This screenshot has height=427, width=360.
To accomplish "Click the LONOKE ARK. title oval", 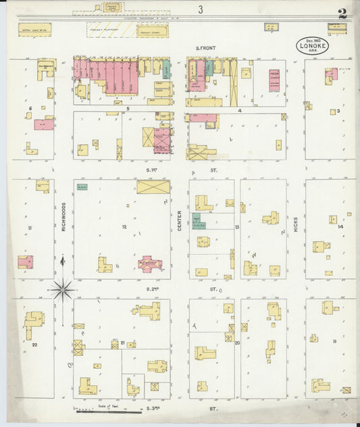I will [314, 47].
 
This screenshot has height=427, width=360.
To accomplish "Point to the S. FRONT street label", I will [205, 48].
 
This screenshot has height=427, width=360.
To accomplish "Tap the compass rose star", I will [62, 288].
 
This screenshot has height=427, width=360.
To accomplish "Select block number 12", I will [124, 226].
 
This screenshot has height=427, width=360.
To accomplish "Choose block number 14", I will [340, 226].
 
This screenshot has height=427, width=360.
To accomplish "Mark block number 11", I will [30, 228].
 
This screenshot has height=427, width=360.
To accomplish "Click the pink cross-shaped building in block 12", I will [149, 263].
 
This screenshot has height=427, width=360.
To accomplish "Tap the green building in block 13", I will [199, 221].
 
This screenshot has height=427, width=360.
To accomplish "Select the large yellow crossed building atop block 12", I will [153, 186].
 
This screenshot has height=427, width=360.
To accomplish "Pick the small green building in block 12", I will [82, 186].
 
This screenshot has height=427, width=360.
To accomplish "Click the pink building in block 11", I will [25, 261].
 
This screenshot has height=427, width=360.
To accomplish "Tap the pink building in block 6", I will [44, 125].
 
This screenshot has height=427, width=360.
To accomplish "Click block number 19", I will [334, 342].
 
